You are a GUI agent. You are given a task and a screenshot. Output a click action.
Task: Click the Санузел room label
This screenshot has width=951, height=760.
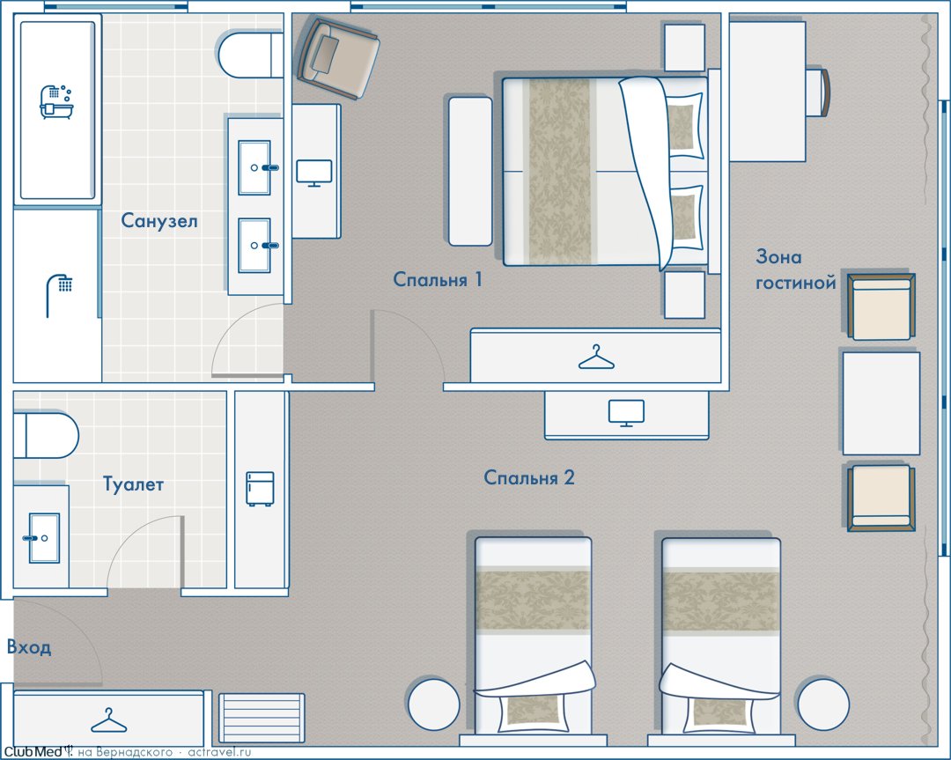pos(159,220)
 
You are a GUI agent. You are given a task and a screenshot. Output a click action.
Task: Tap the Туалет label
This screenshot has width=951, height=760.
pos(133,484)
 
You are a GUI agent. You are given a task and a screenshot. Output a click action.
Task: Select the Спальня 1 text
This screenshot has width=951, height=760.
pos(438,279)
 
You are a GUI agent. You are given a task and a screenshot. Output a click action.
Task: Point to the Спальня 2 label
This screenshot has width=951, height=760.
pos(529,477)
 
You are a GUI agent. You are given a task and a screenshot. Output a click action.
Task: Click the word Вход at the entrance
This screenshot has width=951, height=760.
pos(28,647)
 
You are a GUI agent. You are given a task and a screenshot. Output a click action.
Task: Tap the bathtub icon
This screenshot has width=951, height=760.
pos(56,102)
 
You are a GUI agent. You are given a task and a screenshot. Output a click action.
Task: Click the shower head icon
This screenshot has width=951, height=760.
pos(60,295)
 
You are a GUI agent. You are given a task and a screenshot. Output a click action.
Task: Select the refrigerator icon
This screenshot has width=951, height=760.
pos(260,488)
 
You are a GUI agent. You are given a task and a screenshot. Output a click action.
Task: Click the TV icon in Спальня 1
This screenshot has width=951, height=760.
pos(314,173)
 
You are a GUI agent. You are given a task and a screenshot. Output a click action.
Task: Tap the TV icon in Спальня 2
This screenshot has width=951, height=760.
pos(627,413)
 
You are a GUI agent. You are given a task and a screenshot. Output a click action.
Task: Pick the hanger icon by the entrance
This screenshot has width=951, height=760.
pos(109,720)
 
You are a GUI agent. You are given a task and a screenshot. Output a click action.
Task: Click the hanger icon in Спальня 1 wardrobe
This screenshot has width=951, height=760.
pos(596,358)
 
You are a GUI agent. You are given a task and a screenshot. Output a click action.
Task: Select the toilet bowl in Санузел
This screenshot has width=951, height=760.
pos(250,55)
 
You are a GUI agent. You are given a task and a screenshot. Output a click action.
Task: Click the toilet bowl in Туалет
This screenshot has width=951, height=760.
pos(46,436)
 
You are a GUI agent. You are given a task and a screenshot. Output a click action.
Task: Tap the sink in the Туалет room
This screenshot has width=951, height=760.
pos(43,538)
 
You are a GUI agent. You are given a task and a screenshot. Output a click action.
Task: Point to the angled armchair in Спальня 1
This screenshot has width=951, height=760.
pos(338,58)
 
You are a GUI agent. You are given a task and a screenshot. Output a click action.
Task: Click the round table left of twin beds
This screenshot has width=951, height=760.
pos(433,704)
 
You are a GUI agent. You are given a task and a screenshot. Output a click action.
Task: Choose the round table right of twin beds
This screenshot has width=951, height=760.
pos(823,704)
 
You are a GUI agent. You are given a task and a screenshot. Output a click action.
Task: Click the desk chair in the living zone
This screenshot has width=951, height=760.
pos(817,92)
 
